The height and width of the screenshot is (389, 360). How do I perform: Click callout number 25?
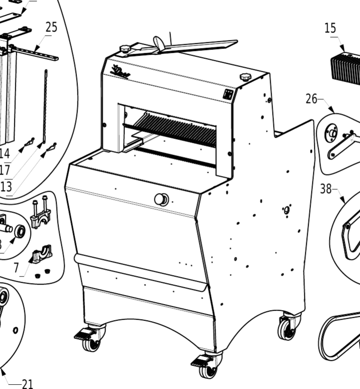pos(51,28)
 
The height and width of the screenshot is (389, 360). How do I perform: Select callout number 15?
pos(331,28)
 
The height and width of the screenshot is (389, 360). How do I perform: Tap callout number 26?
pos(312,99)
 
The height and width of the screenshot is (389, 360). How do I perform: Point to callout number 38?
pos(326,189)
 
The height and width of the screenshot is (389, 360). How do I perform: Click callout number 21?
pos(28,383)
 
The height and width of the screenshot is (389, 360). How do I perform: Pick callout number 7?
pos(16,267)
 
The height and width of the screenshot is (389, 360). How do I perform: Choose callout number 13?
pos(6,186)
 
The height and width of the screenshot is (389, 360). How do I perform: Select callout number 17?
pos(5,169)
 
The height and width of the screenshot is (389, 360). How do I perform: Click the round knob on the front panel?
pos(161,200)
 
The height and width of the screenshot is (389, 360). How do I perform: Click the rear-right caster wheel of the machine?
pos(286,328)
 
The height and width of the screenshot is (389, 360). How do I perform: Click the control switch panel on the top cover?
pos(227,93)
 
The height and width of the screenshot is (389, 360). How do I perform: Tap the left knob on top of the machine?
pos(125,48)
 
